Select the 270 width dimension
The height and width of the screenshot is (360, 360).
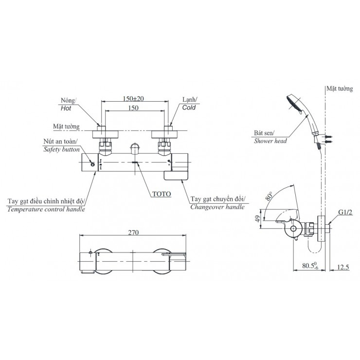pyautogui.click(x=134, y=233)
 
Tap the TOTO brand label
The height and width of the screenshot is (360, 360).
pyautogui.click(x=161, y=193)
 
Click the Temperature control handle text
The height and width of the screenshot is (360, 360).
pyautogui.click(x=46, y=209)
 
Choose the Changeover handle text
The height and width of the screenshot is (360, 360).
pyautogui.click(x=216, y=207)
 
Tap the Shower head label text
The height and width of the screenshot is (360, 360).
pyautogui.click(x=270, y=141)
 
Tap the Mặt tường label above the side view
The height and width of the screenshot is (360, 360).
pyautogui.click(x=339, y=89)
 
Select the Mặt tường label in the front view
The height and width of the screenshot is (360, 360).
pyautogui.click(x=67, y=126)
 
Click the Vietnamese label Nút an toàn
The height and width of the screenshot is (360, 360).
pyautogui.click(x=59, y=142)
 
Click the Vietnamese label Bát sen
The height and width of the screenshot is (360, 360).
pyautogui.click(x=265, y=132)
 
